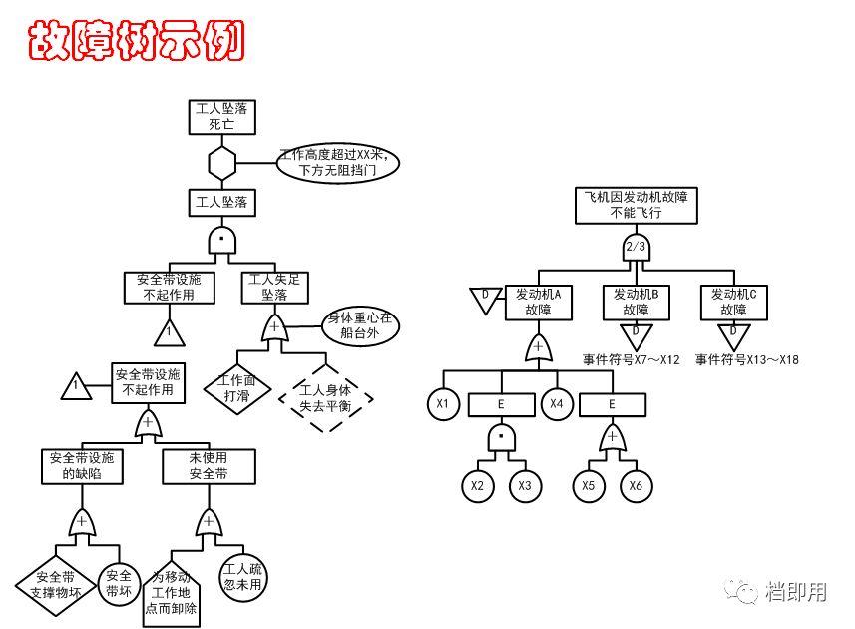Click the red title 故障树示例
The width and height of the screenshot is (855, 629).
pyautogui.click(x=136, y=41)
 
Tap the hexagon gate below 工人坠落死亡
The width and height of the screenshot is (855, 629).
pyautogui.click(x=221, y=161)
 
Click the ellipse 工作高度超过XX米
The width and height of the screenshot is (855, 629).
pyautogui.click(x=339, y=162)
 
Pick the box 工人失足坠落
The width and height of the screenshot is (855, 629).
pyautogui.click(x=273, y=287)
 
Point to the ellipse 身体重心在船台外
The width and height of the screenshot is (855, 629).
pyautogui.click(x=360, y=326)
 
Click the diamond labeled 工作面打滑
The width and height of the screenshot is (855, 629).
pyautogui.click(x=236, y=388)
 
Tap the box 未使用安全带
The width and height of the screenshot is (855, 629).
pyautogui.click(x=209, y=466)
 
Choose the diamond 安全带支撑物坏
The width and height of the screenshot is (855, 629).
pyautogui.click(x=54, y=584)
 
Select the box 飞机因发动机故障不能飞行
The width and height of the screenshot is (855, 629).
pyautogui.click(x=636, y=205)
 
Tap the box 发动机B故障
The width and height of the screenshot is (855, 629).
pyautogui.click(x=636, y=302)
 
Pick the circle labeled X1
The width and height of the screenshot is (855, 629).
pyautogui.click(x=443, y=404)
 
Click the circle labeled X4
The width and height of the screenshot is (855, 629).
pyautogui.click(x=558, y=404)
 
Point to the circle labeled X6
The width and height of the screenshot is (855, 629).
pyautogui.click(x=636, y=486)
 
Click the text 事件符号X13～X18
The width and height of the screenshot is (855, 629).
pyautogui.click(x=747, y=360)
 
